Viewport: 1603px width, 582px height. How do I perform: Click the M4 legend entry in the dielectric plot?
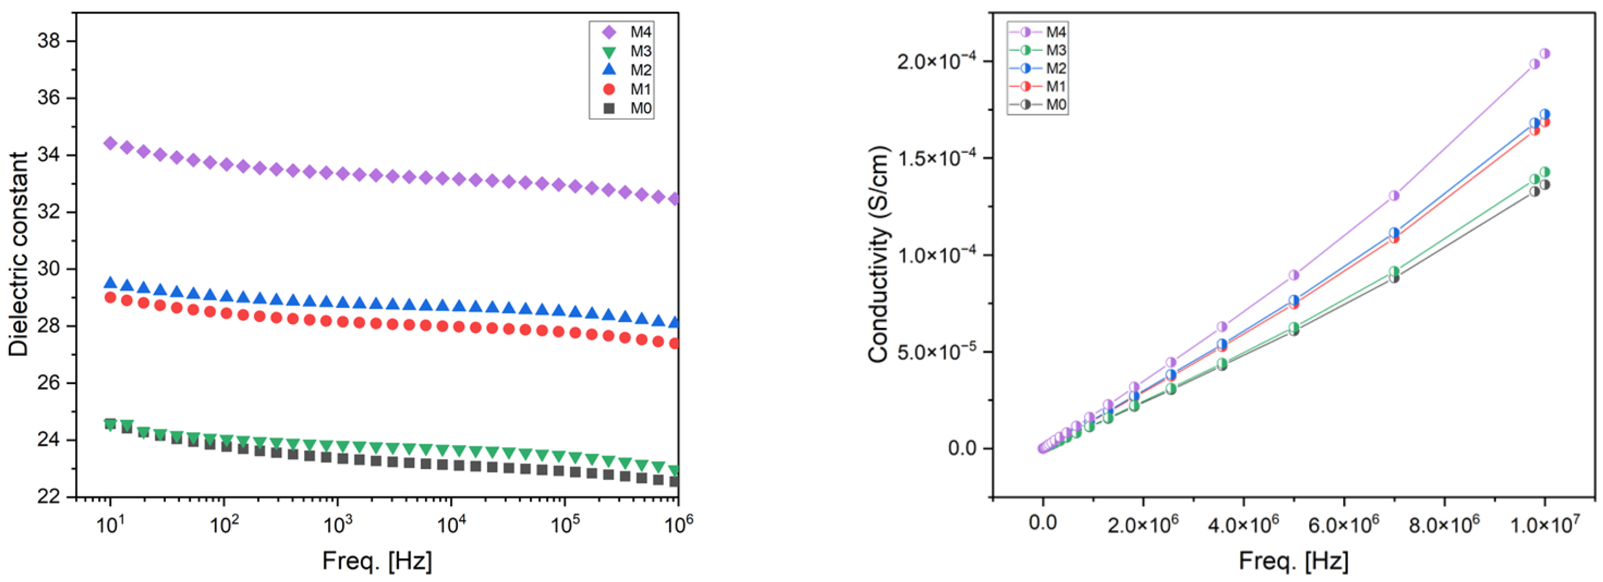tap(622, 32)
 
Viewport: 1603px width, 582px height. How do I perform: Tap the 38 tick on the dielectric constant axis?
tap(49, 41)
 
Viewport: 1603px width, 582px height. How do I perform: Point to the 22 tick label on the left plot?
tap(49, 497)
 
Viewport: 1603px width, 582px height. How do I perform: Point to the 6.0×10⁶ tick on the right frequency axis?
tap(1344, 524)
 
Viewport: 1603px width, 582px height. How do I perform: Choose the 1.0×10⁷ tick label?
tap(1545, 524)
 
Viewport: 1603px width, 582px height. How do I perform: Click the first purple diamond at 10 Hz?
tap(110, 143)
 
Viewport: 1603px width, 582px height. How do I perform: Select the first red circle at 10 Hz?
tap(110, 297)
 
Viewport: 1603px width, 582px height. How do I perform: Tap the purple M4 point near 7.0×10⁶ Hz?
tap(1394, 195)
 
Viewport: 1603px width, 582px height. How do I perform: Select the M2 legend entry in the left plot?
tap(622, 70)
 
